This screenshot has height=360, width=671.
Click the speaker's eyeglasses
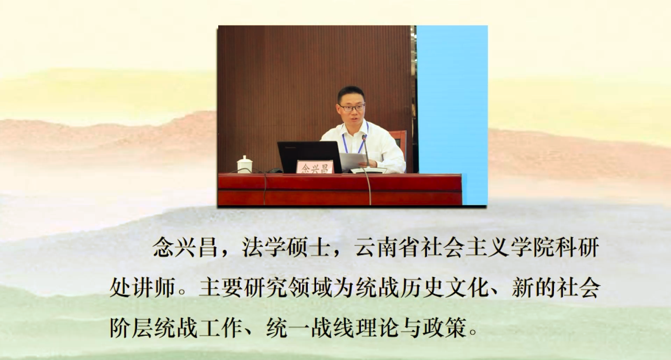pos(352,107)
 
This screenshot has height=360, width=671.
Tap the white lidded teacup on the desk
pos(245,164)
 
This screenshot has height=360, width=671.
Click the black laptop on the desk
pos(310,156)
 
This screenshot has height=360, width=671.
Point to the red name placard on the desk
pos(315,167)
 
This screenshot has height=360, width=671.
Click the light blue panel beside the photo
pos(452,115)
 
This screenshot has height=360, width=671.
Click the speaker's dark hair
pos(351,93)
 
